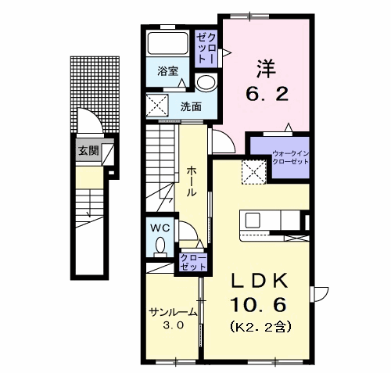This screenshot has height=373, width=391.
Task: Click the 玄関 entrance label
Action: click(x=89, y=151)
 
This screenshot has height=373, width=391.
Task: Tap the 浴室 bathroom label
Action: click(x=167, y=71)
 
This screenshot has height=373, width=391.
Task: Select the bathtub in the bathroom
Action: click(x=168, y=43)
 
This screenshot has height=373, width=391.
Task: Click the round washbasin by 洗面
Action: click(x=206, y=82)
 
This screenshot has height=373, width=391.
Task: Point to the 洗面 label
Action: click(x=192, y=106)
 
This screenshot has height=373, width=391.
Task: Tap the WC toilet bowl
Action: click(x=160, y=246)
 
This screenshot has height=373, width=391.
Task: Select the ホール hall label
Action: click(x=191, y=181)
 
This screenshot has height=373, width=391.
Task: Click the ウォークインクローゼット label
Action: click(x=290, y=158)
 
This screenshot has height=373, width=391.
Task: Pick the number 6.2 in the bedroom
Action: click(x=267, y=94)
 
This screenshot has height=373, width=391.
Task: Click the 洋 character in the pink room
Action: click(x=266, y=69)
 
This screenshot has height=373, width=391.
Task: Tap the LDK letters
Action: click(x=260, y=281)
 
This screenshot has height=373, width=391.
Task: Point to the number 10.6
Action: click(x=258, y=305)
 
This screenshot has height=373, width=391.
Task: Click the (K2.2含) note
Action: click(x=260, y=326)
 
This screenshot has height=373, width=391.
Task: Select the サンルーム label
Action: click(x=173, y=312)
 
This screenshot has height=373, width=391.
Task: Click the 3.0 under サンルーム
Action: click(x=174, y=325)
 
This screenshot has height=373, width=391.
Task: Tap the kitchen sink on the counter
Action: click(x=253, y=221)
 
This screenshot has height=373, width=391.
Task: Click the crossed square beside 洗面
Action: click(x=157, y=106)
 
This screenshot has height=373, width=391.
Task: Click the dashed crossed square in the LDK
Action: click(x=253, y=172)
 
